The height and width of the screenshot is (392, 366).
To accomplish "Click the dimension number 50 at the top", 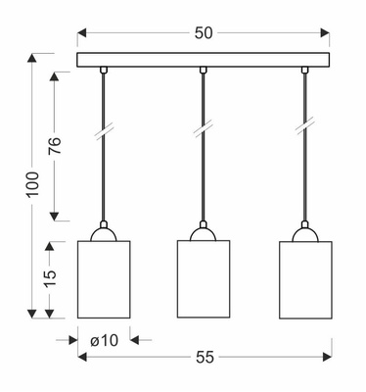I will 204,32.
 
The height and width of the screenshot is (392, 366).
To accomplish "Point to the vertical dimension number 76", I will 56,146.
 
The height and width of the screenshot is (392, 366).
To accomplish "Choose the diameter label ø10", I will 103,340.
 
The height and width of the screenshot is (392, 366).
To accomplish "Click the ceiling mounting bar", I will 204,60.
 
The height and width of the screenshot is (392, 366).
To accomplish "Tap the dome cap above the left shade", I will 104,233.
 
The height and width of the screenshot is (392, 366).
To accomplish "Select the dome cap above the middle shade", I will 204,233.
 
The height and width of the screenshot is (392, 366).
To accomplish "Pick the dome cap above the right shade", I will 304,233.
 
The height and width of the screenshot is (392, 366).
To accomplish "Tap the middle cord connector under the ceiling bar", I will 204,70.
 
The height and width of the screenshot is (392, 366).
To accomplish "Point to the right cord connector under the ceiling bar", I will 304,70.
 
